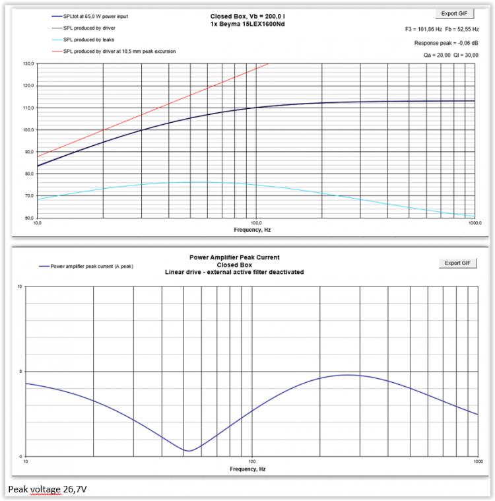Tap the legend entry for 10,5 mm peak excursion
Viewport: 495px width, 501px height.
tap(119, 51)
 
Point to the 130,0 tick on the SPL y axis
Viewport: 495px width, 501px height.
tap(28, 64)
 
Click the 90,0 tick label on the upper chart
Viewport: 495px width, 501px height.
tap(28, 152)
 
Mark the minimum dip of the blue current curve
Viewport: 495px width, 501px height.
tap(189, 451)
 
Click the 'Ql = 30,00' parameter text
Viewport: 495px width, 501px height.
tap(471, 55)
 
